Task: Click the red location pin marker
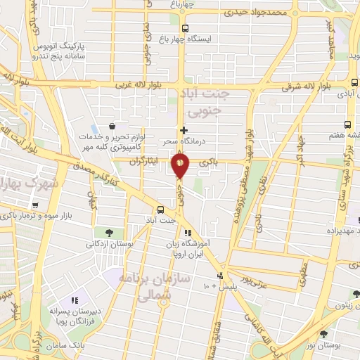tap(180, 165)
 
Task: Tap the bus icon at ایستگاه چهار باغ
tap(184, 28)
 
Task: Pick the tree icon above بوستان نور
tap(323, 335)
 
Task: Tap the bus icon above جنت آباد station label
tap(161, 210)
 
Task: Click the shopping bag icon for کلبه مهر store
tap(112, 126)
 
